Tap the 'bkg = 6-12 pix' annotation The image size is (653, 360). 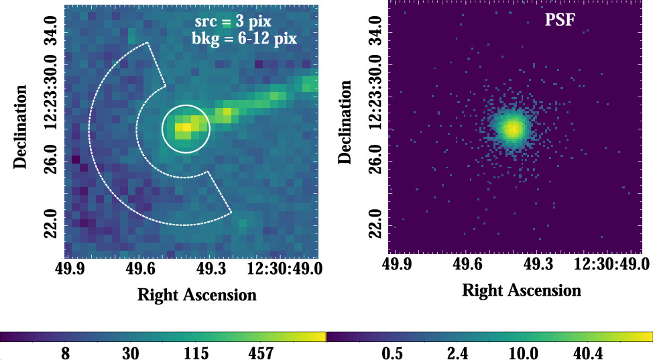tap(244, 39)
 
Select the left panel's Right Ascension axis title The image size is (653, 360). tap(197, 295)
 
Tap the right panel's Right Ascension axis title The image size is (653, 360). tap(522, 290)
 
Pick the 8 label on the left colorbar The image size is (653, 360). tap(66, 353)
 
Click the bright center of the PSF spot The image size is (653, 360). tap(513, 128)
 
